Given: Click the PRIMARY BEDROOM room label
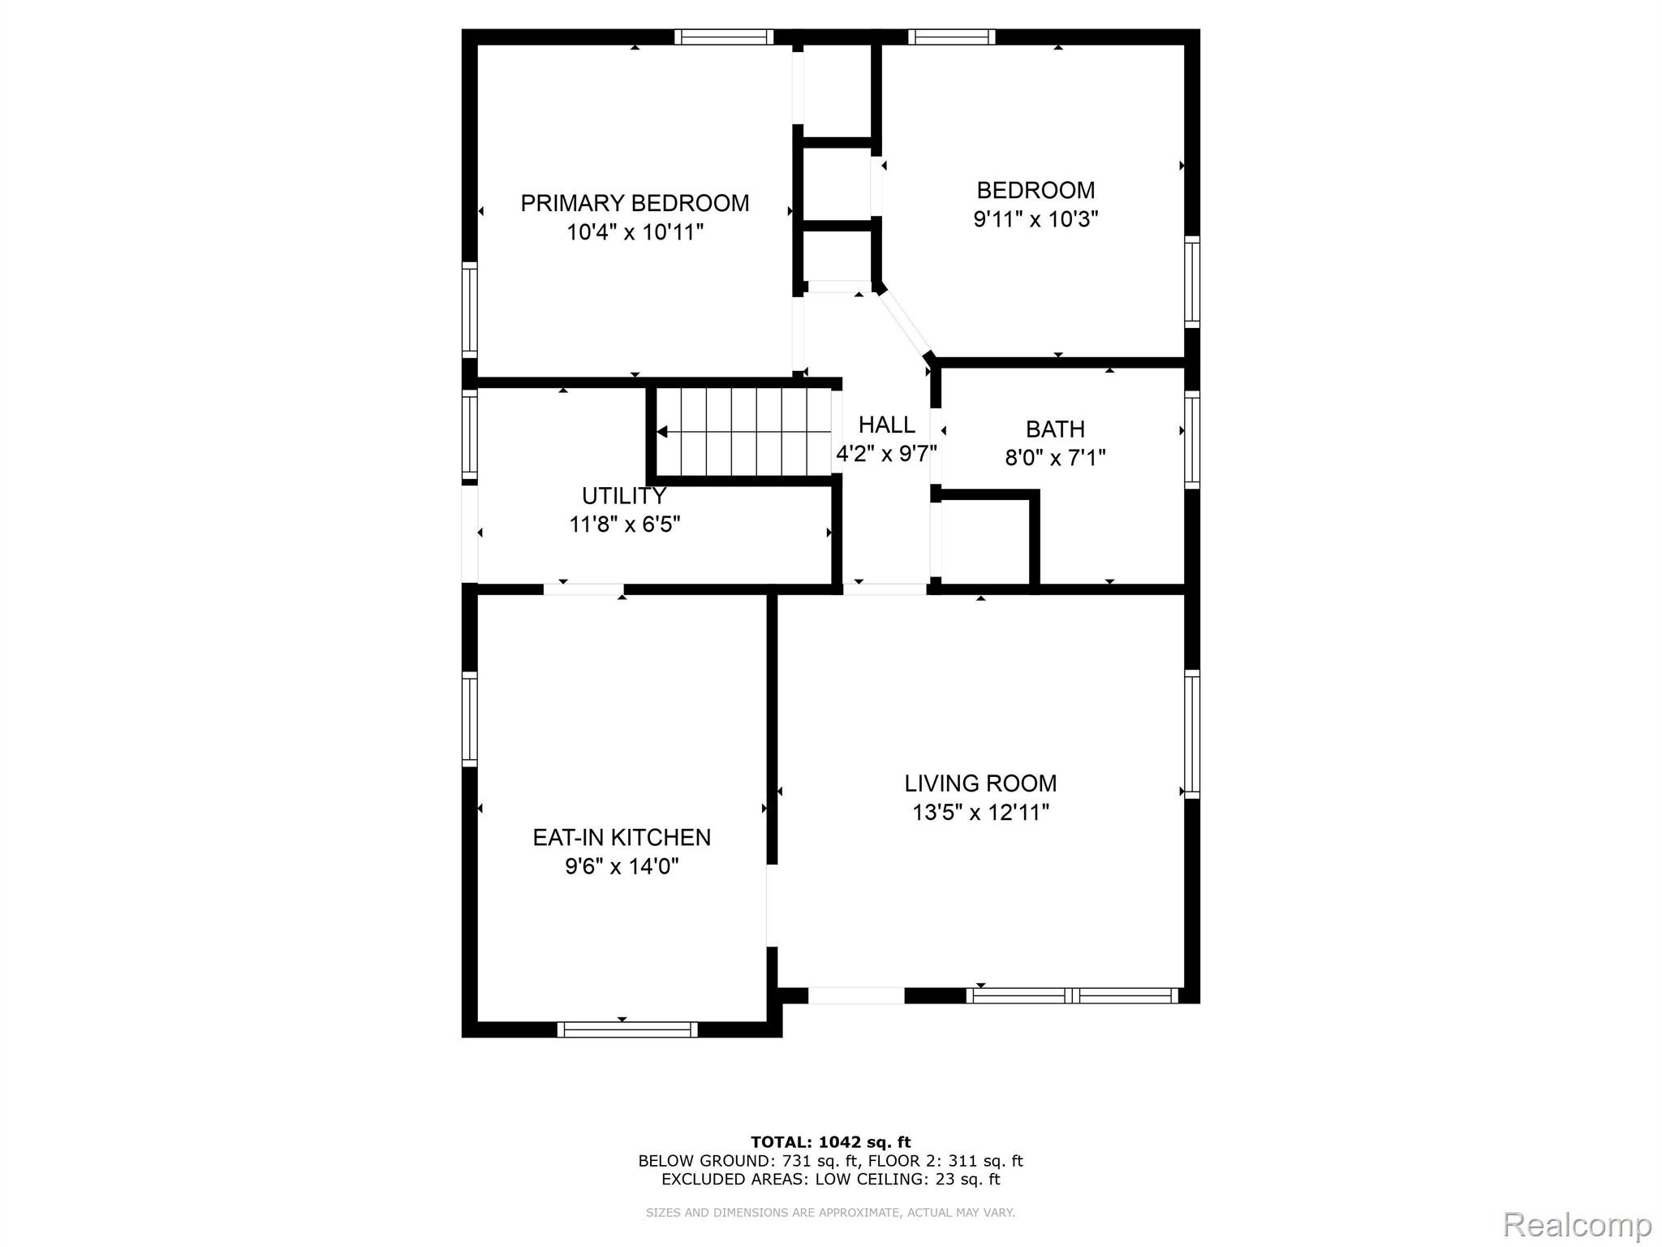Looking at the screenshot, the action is coord(635,203).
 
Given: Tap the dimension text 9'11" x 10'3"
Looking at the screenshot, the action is coord(1036,219).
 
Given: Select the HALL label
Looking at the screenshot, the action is coord(887,425).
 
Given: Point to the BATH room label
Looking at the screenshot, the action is coord(1055,429).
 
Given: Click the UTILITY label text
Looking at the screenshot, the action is coord(624,495).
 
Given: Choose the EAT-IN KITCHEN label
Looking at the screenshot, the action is coord(622,837).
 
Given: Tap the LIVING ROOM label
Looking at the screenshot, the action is coord(980,783).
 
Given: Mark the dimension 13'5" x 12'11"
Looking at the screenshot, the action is coord(980,813).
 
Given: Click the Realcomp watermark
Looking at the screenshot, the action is coord(1578,1223).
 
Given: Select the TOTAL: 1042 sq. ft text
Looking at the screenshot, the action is coord(830,1142).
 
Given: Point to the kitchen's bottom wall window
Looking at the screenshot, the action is coord(627,1029).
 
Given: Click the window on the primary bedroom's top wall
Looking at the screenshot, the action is coord(723,37).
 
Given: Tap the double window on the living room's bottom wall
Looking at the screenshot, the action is coord(1072,996).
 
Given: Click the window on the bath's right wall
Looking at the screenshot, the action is coord(1191,439).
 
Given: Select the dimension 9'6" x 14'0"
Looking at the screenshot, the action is coord(622,866).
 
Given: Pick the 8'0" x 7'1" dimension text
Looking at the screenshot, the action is coord(1055,458).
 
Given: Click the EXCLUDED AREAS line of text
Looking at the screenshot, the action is coord(830,1180).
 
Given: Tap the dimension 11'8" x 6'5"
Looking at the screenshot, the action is coord(624,524).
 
